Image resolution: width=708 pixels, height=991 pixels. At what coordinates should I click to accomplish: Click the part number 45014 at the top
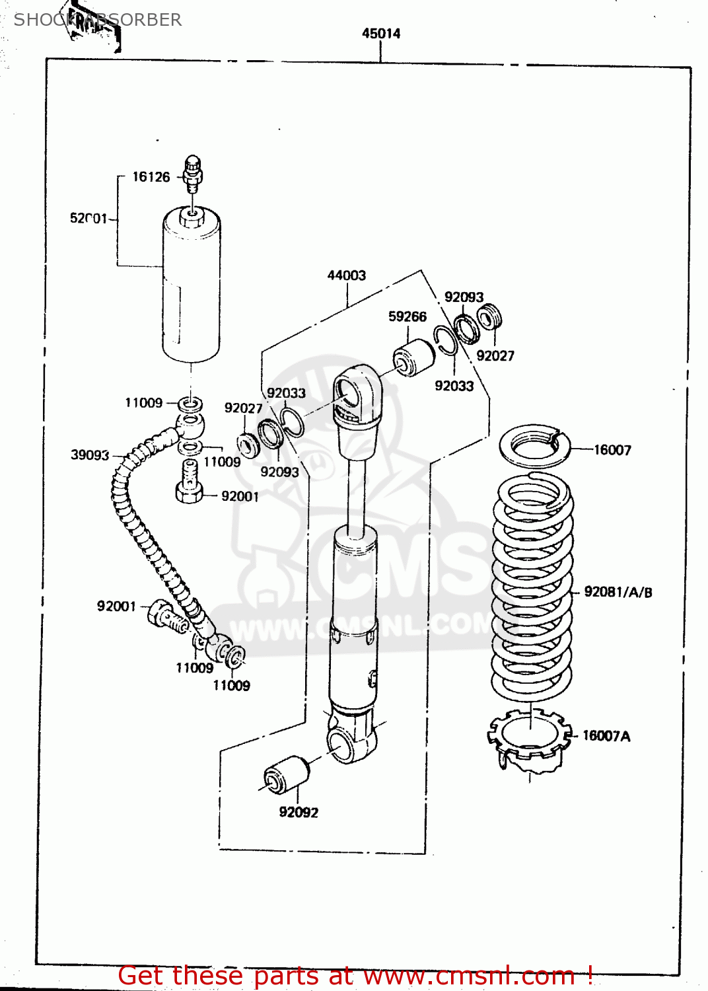[381, 34]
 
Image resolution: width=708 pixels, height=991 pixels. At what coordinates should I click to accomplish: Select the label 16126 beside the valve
[151, 177]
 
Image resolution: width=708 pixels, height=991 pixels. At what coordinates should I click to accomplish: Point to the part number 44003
[347, 275]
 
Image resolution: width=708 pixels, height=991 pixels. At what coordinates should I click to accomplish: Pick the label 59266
[407, 317]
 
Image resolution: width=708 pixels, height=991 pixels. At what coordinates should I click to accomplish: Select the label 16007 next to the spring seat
[612, 451]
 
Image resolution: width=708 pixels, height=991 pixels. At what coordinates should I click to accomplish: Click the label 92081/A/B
[618, 593]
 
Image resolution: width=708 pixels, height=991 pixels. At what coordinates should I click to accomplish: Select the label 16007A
[606, 736]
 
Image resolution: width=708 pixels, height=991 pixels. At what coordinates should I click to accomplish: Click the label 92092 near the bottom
[299, 813]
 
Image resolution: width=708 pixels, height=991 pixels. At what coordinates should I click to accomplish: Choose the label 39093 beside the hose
[90, 455]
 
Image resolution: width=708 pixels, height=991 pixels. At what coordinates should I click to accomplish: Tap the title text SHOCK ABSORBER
[98, 20]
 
